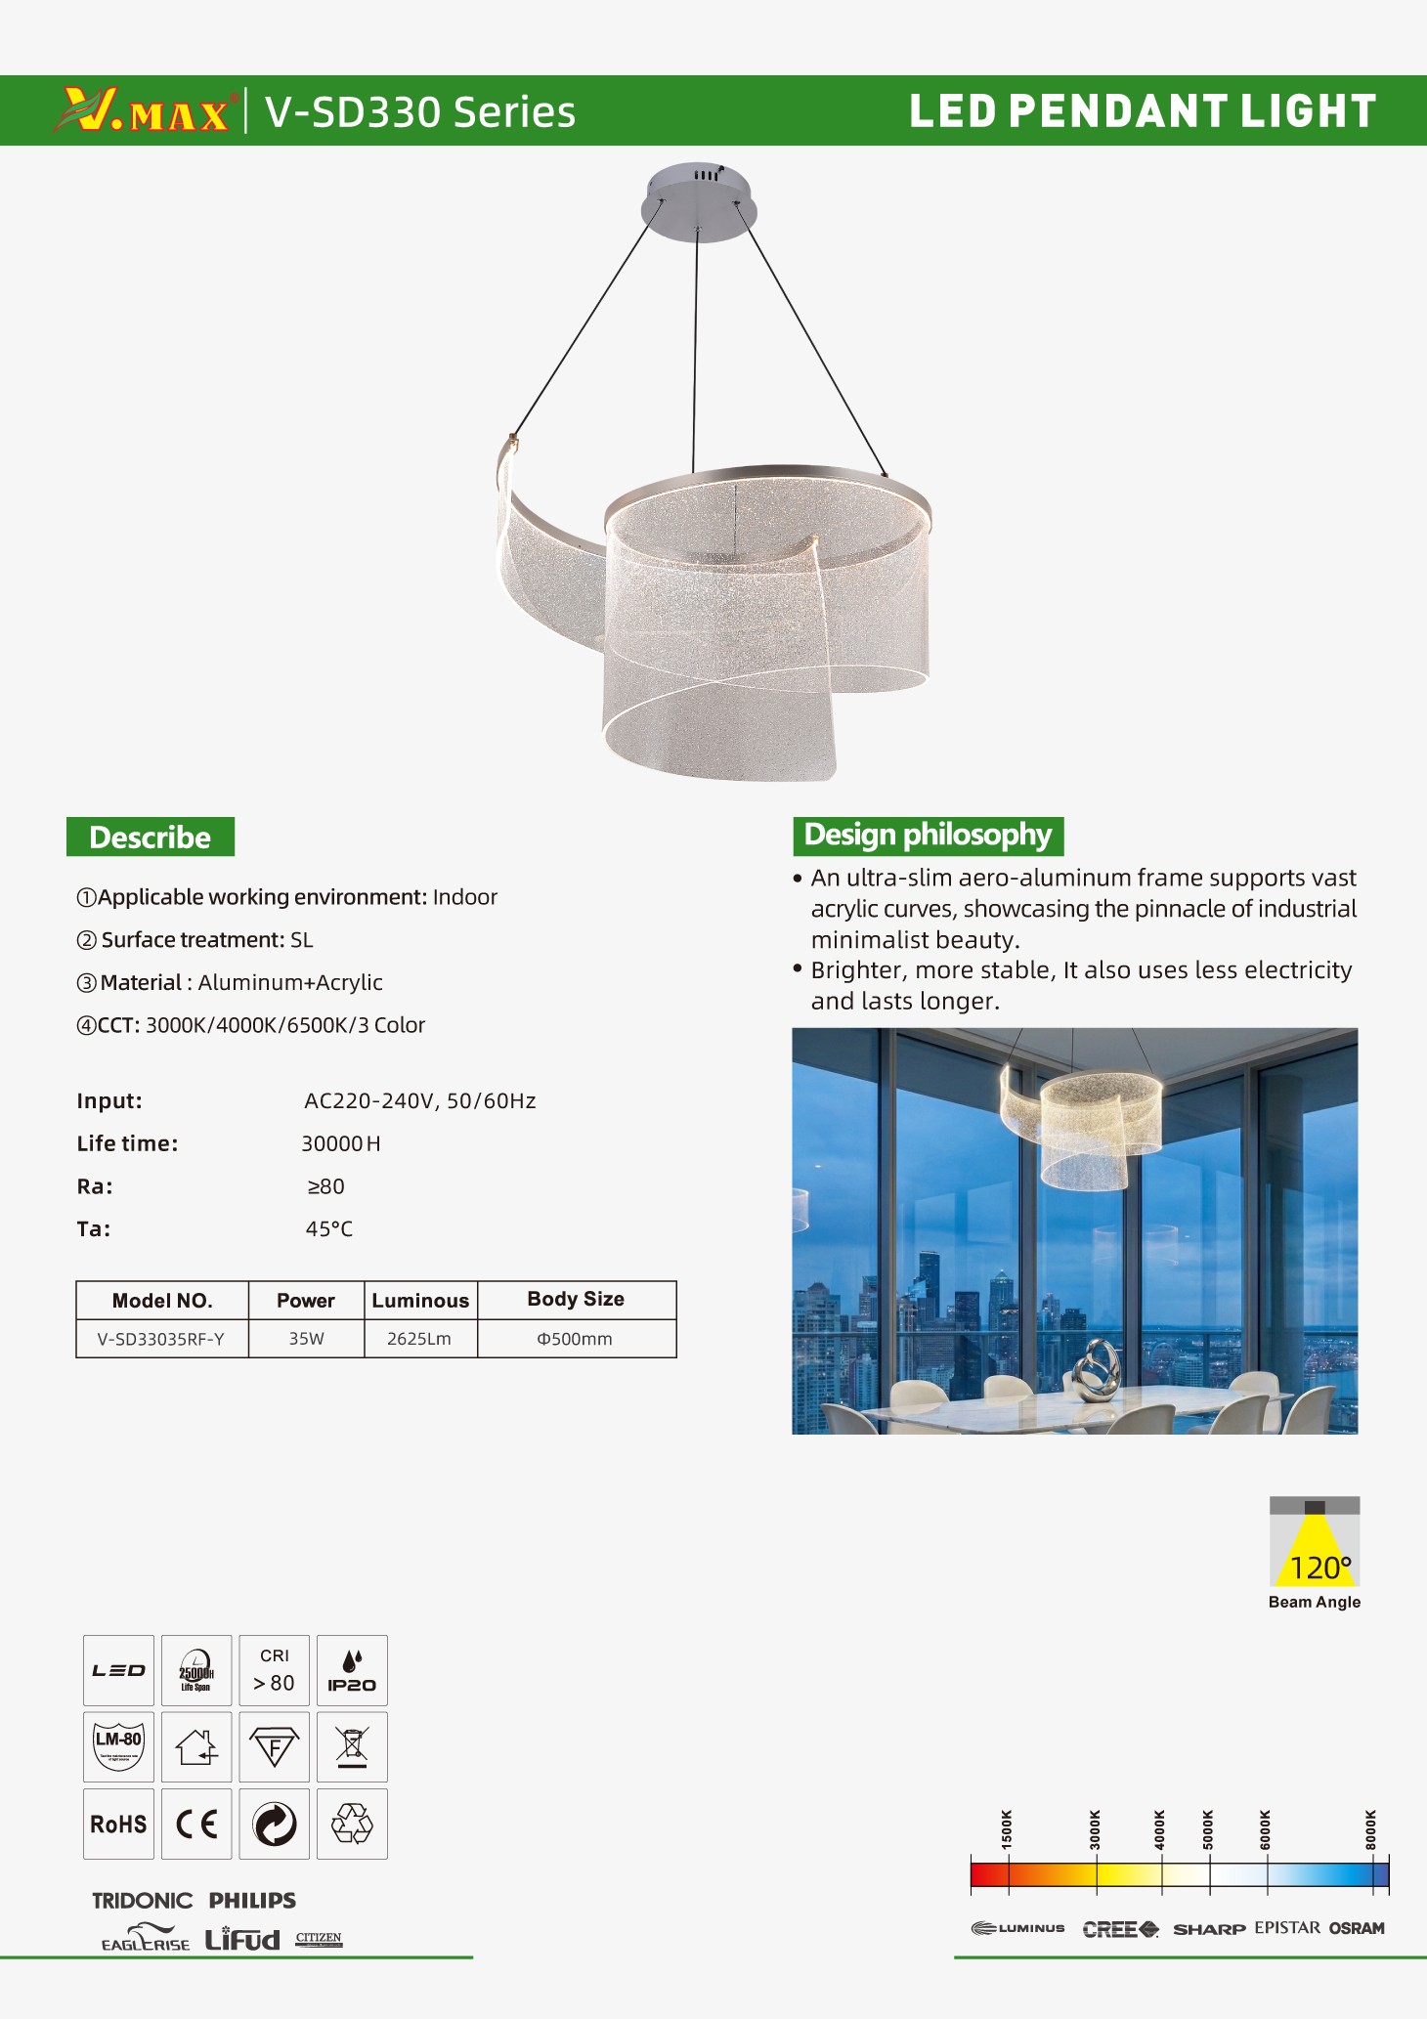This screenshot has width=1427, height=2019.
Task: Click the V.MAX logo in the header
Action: (x=145, y=110)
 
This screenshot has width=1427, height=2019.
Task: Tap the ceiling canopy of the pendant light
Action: (x=698, y=201)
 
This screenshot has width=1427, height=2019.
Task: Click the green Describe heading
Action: (x=151, y=838)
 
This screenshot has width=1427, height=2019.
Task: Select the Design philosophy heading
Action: (x=928, y=836)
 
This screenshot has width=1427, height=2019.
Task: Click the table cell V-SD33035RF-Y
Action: (x=161, y=1339)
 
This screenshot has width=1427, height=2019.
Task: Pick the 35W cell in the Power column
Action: (x=306, y=1339)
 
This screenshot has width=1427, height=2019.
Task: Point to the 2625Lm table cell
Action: (x=419, y=1339)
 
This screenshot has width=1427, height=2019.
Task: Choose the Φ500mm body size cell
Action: (x=576, y=1339)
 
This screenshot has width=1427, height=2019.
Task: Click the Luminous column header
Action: (x=420, y=1301)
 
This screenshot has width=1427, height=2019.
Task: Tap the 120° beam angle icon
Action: (x=1315, y=1543)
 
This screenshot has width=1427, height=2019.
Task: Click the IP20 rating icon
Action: (x=352, y=1670)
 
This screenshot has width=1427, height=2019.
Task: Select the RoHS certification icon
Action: (x=118, y=1824)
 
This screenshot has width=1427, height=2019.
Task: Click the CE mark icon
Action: (x=196, y=1824)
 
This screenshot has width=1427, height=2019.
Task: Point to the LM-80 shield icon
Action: (x=118, y=1746)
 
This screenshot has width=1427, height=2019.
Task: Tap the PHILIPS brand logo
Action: (x=252, y=1901)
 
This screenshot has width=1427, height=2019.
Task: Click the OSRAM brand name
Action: (x=1357, y=1928)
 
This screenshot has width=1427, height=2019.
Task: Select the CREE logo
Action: (x=1120, y=1929)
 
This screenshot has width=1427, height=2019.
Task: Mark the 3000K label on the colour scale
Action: (x=1096, y=1828)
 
